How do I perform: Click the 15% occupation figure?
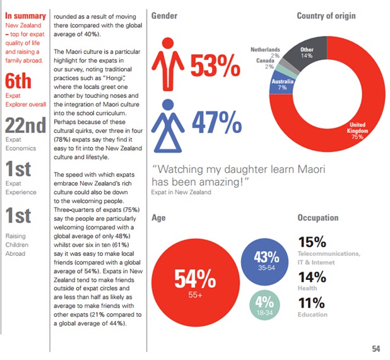click(312, 242)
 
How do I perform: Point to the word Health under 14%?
click(308, 287)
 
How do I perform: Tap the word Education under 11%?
click(313, 314)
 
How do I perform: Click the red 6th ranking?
click(18, 81)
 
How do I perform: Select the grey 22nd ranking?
click(25, 125)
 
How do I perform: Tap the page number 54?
click(376, 349)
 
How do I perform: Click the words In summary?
click(25, 16)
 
